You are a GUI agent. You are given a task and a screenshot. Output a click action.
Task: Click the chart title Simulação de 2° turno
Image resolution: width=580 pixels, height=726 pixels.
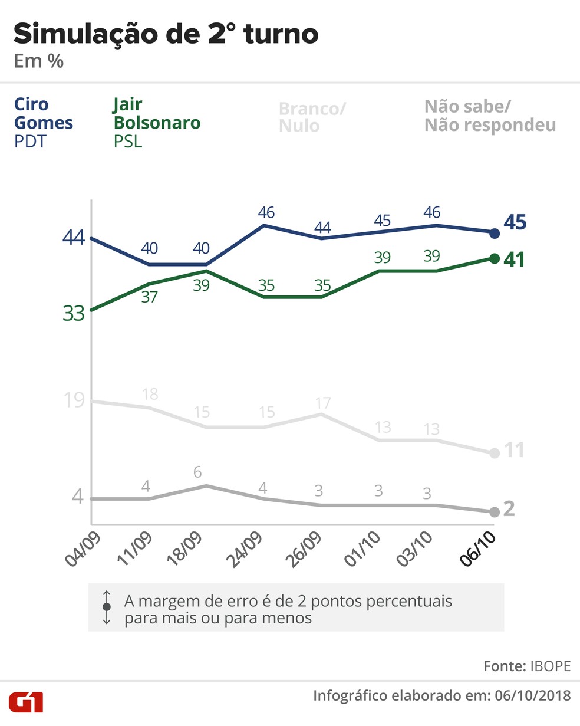[x=166, y=34]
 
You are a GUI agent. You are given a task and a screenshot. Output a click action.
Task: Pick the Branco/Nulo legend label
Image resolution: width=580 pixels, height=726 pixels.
[x=312, y=117]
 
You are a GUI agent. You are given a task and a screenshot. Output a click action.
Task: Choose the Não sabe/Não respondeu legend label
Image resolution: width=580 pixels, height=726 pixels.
[x=490, y=116]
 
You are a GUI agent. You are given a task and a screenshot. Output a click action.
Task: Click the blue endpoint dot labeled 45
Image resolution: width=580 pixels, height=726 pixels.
[x=495, y=234]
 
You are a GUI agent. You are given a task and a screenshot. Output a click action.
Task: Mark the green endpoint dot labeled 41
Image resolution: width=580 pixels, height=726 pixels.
[x=495, y=258]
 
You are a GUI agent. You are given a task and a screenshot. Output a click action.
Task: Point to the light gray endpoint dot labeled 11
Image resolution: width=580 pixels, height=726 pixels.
[x=495, y=453]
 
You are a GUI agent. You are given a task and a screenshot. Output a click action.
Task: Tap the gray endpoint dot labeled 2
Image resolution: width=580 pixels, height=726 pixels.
[x=495, y=511]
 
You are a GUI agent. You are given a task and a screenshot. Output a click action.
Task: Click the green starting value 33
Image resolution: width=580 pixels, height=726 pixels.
[x=74, y=314]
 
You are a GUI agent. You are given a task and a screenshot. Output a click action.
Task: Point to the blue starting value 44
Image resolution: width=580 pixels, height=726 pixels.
[x=74, y=238]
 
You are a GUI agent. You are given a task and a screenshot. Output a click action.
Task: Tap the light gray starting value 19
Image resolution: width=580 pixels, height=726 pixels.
[x=74, y=401]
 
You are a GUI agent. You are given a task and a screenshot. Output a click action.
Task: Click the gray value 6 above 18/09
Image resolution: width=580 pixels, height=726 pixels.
[x=197, y=472]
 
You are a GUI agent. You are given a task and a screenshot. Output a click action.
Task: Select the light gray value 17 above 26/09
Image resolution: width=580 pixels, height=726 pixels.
[x=322, y=403]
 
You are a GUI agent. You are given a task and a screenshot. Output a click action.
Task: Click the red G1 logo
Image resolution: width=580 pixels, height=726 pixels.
[x=26, y=702]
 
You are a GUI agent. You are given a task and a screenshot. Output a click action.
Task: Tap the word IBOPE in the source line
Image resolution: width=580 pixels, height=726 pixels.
[x=551, y=666]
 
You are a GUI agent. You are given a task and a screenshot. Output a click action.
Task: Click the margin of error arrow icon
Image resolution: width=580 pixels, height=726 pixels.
[x=107, y=607]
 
